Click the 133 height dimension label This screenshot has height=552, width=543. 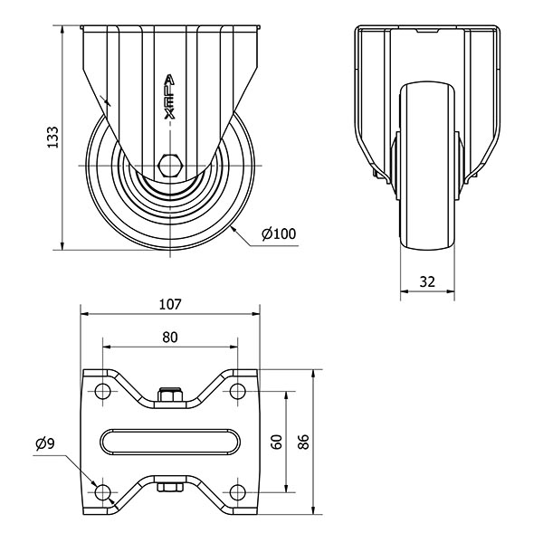[x=52, y=137]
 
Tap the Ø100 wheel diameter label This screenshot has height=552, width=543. [x=279, y=233]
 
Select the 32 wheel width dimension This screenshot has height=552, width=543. [x=427, y=281]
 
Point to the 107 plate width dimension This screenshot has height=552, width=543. [x=170, y=304]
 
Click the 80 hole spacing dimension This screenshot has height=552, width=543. [x=170, y=338]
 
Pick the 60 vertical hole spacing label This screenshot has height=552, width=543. [x=278, y=442]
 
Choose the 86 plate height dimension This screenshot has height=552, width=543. [x=303, y=442]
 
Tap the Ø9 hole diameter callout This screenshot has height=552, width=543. [x=45, y=444]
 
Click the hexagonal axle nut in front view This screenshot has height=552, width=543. [x=170, y=165]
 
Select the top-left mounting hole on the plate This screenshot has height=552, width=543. [x=102, y=391]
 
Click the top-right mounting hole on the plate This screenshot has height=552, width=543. [x=238, y=391]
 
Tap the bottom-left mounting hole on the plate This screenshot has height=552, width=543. [x=102, y=492]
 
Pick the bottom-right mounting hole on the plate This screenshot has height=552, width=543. [x=238, y=492]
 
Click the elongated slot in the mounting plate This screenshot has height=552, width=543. [x=170, y=441]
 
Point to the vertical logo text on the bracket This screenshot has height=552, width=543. [x=170, y=96]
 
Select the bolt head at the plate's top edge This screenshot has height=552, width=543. [x=170, y=395]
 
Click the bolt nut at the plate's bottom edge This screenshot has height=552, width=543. [x=170, y=487]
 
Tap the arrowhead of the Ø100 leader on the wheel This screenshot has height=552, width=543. [x=233, y=230]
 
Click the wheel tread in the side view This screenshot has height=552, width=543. [x=427, y=167]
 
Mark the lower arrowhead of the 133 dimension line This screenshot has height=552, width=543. [x=62, y=245]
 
